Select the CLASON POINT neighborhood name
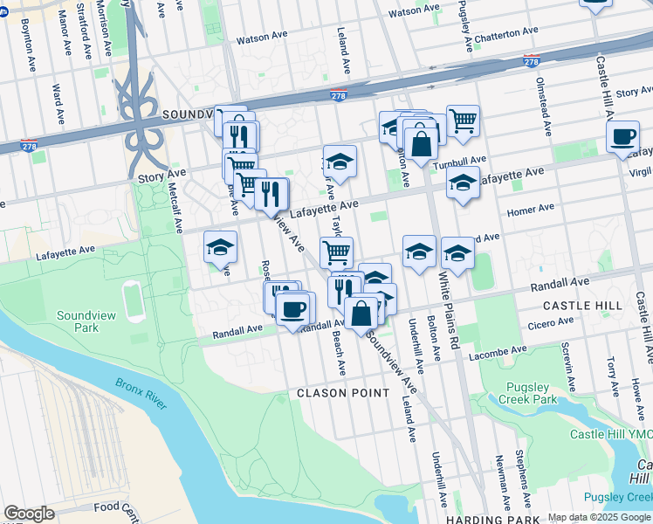(x=343, y=393)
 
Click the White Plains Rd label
(x=447, y=311)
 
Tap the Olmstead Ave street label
(x=543, y=101)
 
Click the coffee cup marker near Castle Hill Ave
(x=622, y=137)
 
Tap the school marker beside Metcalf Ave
(x=220, y=247)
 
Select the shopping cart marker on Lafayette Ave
(x=335, y=253)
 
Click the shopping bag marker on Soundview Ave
(x=361, y=313)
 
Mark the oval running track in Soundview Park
(x=134, y=301)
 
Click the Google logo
(x=29, y=514)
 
